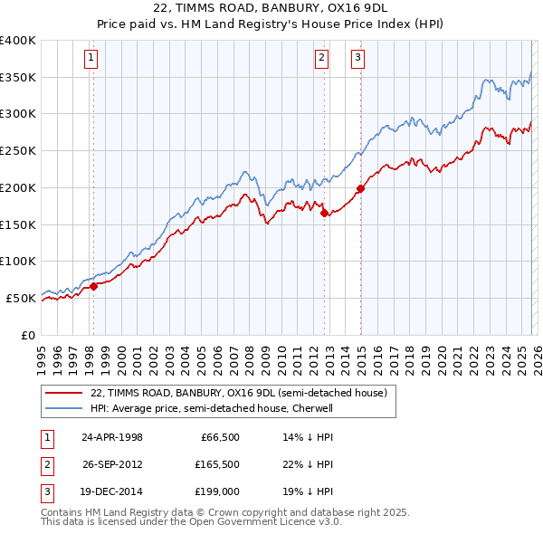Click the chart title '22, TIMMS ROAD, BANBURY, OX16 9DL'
coord(271,10)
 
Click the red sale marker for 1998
coord(93,286)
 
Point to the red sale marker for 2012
coord(324,213)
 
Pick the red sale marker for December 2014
coord(360,188)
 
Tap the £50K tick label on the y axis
coord(21,298)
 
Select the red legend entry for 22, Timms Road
coord(239,393)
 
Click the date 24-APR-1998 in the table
coord(112,437)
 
